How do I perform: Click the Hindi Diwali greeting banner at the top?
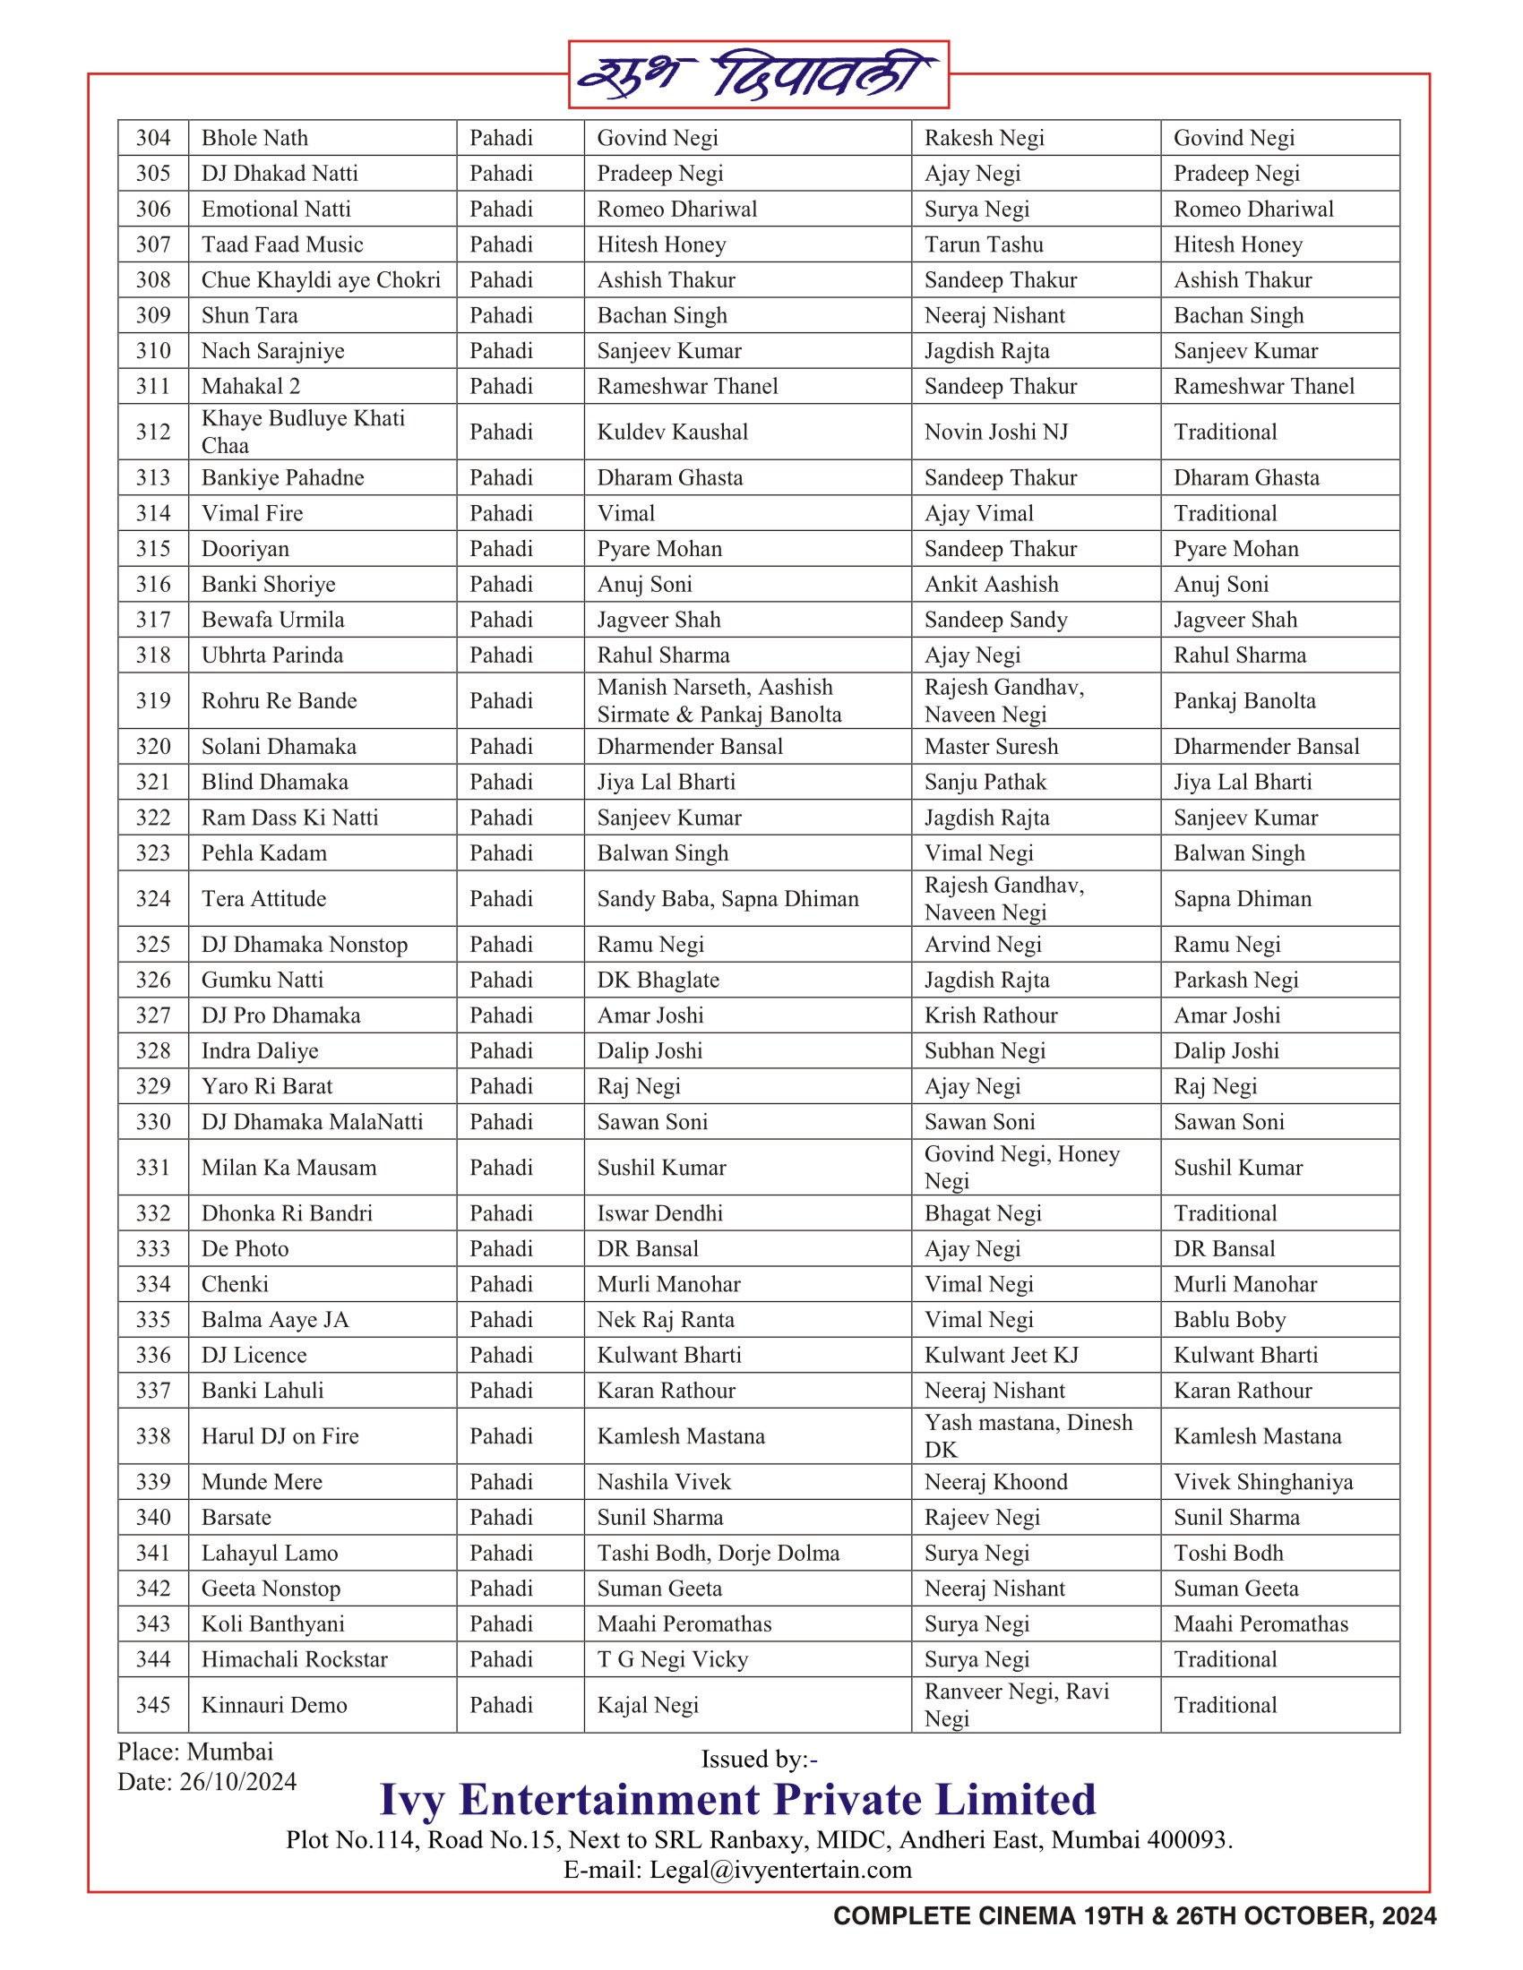pyautogui.click(x=758, y=75)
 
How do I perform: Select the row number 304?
pyautogui.click(x=153, y=138)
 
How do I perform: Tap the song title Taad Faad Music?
pyautogui.click(x=281, y=244)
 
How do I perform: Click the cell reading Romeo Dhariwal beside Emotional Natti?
pyautogui.click(x=676, y=210)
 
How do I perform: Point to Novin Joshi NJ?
pyautogui.click(x=995, y=433)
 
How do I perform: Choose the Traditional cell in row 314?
pyautogui.click(x=1225, y=513)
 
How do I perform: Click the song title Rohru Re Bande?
pyautogui.click(x=279, y=701)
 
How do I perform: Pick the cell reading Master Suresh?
pyautogui.click(x=991, y=747)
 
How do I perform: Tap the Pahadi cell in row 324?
pyautogui.click(x=501, y=898)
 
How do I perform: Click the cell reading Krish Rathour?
pyautogui.click(x=991, y=1015)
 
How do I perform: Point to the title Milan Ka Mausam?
pyautogui.click(x=288, y=1167)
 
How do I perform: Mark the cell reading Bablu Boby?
pyautogui.click(x=1229, y=1320)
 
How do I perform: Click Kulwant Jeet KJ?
pyautogui.click(x=1001, y=1355)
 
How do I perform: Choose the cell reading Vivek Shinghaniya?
pyautogui.click(x=1263, y=1482)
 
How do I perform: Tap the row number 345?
pyautogui.click(x=153, y=1705)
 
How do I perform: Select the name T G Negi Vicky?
pyautogui.click(x=672, y=1659)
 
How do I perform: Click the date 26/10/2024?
pyautogui.click(x=237, y=1782)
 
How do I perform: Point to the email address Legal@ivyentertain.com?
pyautogui.click(x=780, y=1870)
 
